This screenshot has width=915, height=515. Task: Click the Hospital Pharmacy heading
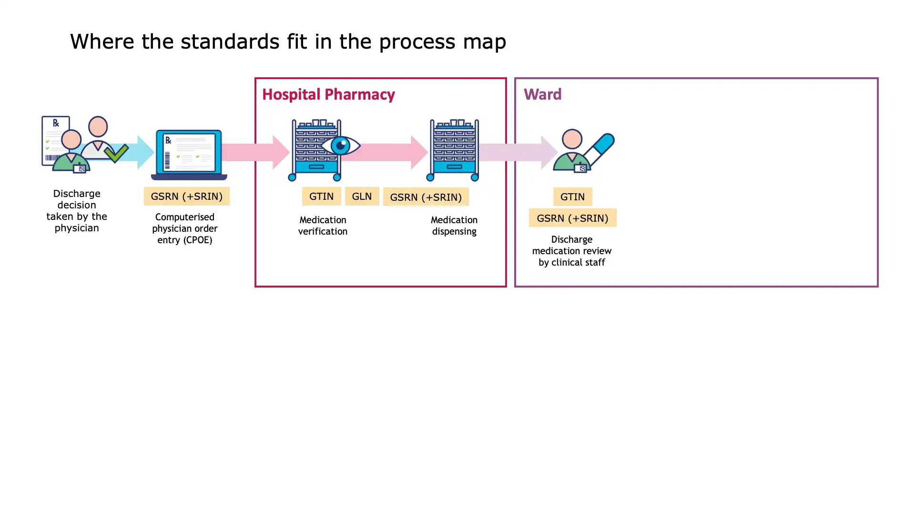pos(328,94)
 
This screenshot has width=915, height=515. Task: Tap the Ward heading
pos(542,94)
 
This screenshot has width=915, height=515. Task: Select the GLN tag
pos(362,196)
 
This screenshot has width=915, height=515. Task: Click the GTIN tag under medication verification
pos(321,196)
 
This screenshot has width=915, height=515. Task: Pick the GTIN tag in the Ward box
pos(572,196)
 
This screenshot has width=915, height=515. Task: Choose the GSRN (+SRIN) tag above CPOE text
pos(186,196)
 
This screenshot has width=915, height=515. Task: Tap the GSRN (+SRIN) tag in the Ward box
pos(572,218)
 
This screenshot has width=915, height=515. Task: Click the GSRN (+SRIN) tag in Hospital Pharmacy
pos(426,197)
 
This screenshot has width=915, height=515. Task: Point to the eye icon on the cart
pos(340,145)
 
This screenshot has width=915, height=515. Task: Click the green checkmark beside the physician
pos(116,153)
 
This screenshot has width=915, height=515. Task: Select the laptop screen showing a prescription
pos(189,153)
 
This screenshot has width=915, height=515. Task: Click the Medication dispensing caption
pos(454,226)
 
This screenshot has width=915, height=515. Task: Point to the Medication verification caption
pos(323,226)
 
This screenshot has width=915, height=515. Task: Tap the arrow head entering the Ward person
pos(549,152)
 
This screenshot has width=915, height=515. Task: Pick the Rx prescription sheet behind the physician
pos(56,141)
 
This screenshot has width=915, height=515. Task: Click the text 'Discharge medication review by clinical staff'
pos(571,251)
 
